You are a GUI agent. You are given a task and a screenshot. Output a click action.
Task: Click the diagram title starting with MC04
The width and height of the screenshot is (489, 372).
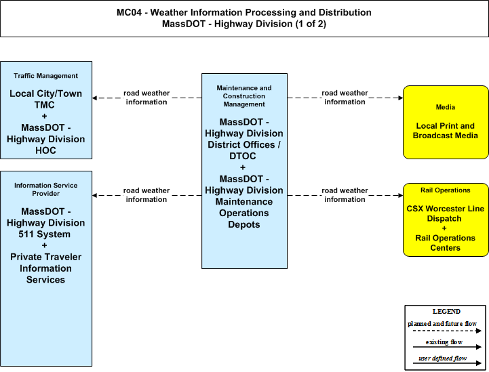[x=244, y=18]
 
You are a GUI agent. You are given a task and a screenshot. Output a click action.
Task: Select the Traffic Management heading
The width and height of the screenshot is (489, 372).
[x=46, y=76]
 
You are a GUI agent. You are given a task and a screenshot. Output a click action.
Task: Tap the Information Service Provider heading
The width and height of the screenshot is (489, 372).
[x=46, y=190]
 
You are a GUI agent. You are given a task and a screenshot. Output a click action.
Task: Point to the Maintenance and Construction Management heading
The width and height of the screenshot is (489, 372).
[x=244, y=96]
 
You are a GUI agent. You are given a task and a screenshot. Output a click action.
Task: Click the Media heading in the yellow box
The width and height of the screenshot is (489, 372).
[x=446, y=107]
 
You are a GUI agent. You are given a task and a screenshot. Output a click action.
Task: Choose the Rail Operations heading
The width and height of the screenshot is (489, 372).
[x=446, y=190]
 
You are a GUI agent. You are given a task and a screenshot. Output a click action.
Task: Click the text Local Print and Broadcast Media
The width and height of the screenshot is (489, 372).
[x=446, y=131]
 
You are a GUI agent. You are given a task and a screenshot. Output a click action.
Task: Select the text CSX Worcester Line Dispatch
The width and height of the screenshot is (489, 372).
[x=446, y=213]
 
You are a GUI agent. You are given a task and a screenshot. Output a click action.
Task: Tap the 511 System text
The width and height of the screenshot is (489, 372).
[x=44, y=234]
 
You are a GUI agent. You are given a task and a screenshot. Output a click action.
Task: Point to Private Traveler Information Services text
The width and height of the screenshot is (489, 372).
[x=46, y=268]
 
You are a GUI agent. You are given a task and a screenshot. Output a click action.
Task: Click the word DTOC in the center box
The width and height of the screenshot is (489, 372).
[x=243, y=156]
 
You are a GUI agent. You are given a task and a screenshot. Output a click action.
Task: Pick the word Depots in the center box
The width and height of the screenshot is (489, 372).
[x=244, y=224]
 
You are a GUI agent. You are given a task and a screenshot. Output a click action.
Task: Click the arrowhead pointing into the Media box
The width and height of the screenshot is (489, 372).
[x=401, y=98]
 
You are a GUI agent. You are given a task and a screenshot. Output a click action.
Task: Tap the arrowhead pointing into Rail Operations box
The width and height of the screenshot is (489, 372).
[x=401, y=195]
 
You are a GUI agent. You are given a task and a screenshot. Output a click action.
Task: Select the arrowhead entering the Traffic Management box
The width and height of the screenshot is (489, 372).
[x=95, y=98]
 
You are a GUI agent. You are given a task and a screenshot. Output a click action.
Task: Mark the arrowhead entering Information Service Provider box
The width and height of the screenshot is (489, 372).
[x=95, y=195]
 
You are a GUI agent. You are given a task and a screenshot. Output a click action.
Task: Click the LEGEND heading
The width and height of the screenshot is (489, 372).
[x=446, y=312]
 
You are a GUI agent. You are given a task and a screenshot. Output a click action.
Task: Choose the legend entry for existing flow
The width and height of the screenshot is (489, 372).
[x=444, y=342]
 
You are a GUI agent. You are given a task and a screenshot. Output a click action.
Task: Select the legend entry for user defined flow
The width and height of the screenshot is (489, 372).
[x=442, y=358]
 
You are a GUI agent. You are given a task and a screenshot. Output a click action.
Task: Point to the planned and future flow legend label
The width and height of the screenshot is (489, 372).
[x=442, y=324]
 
